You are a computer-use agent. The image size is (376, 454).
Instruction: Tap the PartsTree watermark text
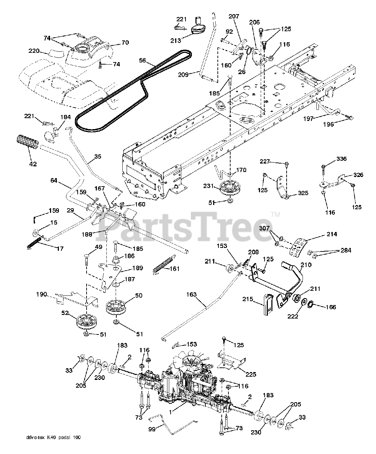point(184,225)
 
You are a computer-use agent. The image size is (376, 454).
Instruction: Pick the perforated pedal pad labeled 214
point(297,248)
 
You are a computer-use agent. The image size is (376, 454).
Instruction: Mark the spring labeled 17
point(35,242)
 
